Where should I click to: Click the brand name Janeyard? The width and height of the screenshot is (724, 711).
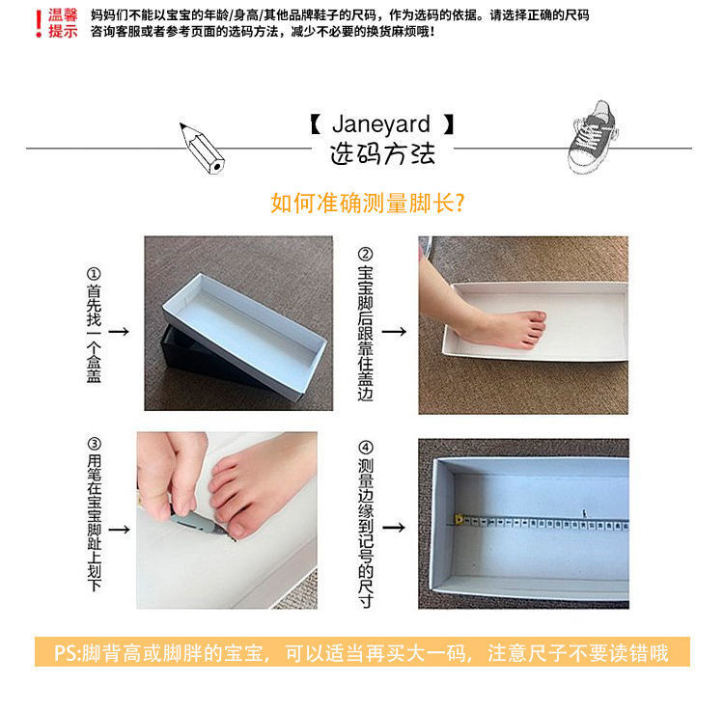click(381, 125)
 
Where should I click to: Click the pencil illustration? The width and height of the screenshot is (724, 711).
click(201, 147)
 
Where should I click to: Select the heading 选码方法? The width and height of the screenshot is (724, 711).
click(382, 153)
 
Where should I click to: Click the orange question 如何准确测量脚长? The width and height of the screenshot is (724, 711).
click(369, 205)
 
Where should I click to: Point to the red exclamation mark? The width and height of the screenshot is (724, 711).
click(38, 22)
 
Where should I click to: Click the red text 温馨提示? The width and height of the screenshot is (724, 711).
click(63, 23)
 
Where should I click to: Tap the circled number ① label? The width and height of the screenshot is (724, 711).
click(93, 273)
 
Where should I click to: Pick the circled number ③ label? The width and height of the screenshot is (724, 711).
click(94, 445)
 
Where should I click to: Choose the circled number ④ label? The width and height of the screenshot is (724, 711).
click(365, 448)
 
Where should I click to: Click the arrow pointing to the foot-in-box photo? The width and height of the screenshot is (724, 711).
click(393, 331)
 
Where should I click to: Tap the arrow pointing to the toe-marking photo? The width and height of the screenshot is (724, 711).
click(119, 530)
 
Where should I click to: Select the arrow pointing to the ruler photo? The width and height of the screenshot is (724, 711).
click(393, 528)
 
